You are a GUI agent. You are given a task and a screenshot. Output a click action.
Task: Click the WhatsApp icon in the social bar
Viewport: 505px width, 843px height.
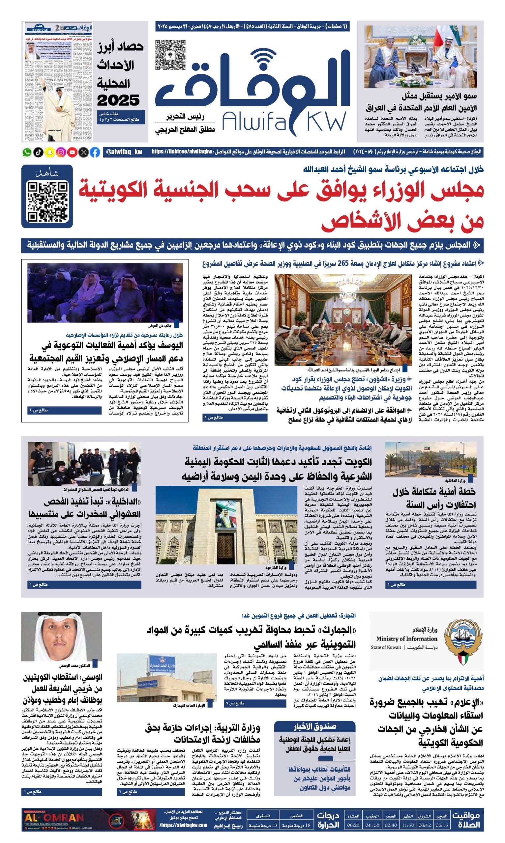27,152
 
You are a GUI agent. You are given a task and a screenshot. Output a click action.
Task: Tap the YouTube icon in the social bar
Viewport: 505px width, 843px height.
72,152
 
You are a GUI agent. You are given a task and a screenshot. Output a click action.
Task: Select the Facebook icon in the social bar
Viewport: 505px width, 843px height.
95,152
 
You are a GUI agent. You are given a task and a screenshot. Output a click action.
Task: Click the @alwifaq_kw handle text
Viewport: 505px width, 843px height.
124,152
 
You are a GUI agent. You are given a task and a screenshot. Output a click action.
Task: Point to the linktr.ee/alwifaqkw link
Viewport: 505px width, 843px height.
182,152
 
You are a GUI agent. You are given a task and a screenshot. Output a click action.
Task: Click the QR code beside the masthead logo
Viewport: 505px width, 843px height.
170,55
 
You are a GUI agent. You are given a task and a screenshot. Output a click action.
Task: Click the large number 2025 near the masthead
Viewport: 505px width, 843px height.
118,101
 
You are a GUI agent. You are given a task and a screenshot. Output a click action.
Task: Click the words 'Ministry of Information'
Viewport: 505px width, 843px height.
406,639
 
